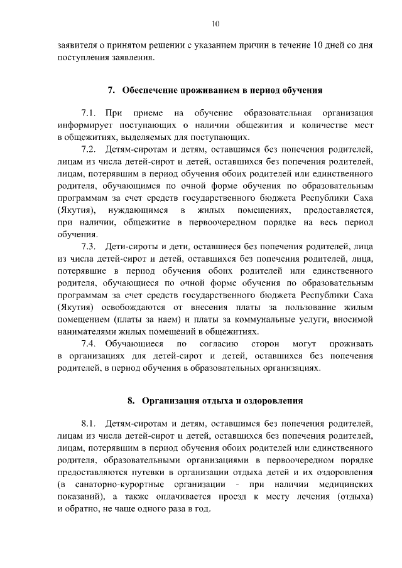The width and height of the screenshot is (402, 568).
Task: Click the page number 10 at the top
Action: (215, 24)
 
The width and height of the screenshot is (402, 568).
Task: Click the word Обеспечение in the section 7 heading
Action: (148, 90)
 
